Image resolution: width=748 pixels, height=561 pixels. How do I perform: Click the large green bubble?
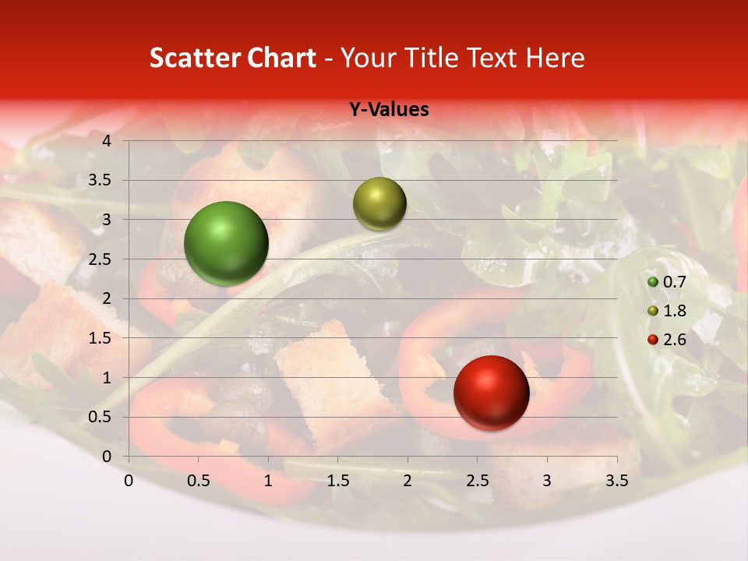tap(226, 243)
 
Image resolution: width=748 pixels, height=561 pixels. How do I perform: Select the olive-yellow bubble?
tap(379, 203)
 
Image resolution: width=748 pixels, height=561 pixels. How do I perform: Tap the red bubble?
tap(491, 393)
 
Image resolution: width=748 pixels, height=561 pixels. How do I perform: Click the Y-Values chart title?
tap(388, 110)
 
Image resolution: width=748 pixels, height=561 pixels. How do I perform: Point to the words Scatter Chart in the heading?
tap(233, 58)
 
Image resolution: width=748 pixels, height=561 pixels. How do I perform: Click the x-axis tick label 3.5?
tap(616, 481)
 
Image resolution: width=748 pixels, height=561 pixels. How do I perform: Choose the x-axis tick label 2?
tap(407, 481)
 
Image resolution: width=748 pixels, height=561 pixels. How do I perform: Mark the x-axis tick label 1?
tap(268, 481)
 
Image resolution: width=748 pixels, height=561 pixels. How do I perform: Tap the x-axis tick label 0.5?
tap(198, 481)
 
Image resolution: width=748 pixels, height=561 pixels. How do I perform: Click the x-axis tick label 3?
tap(546, 481)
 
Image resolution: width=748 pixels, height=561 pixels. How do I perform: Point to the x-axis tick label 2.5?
tap(477, 481)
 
